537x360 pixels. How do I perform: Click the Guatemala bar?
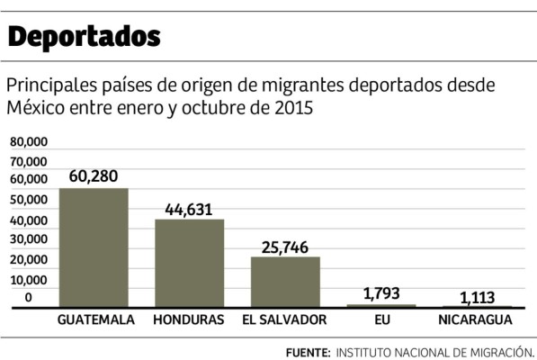pos(94,247)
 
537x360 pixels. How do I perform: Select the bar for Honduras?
pos(189,263)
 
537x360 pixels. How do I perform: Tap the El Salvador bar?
pos(285,282)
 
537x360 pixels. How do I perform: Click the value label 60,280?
pos(94,176)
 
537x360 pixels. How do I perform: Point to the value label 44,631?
pos(189,209)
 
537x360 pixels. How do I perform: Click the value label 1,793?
pos(381,293)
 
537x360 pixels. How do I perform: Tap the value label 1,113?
pos(477,297)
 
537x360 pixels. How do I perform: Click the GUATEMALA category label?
pos(95,319)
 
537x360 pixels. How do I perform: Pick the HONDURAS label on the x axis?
pos(189,319)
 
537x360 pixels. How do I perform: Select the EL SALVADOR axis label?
pos(285,319)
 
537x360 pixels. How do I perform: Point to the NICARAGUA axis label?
pos(477,319)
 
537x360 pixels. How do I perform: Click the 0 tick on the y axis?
pos(29,298)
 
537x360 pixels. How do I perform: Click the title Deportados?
pos(85,37)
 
